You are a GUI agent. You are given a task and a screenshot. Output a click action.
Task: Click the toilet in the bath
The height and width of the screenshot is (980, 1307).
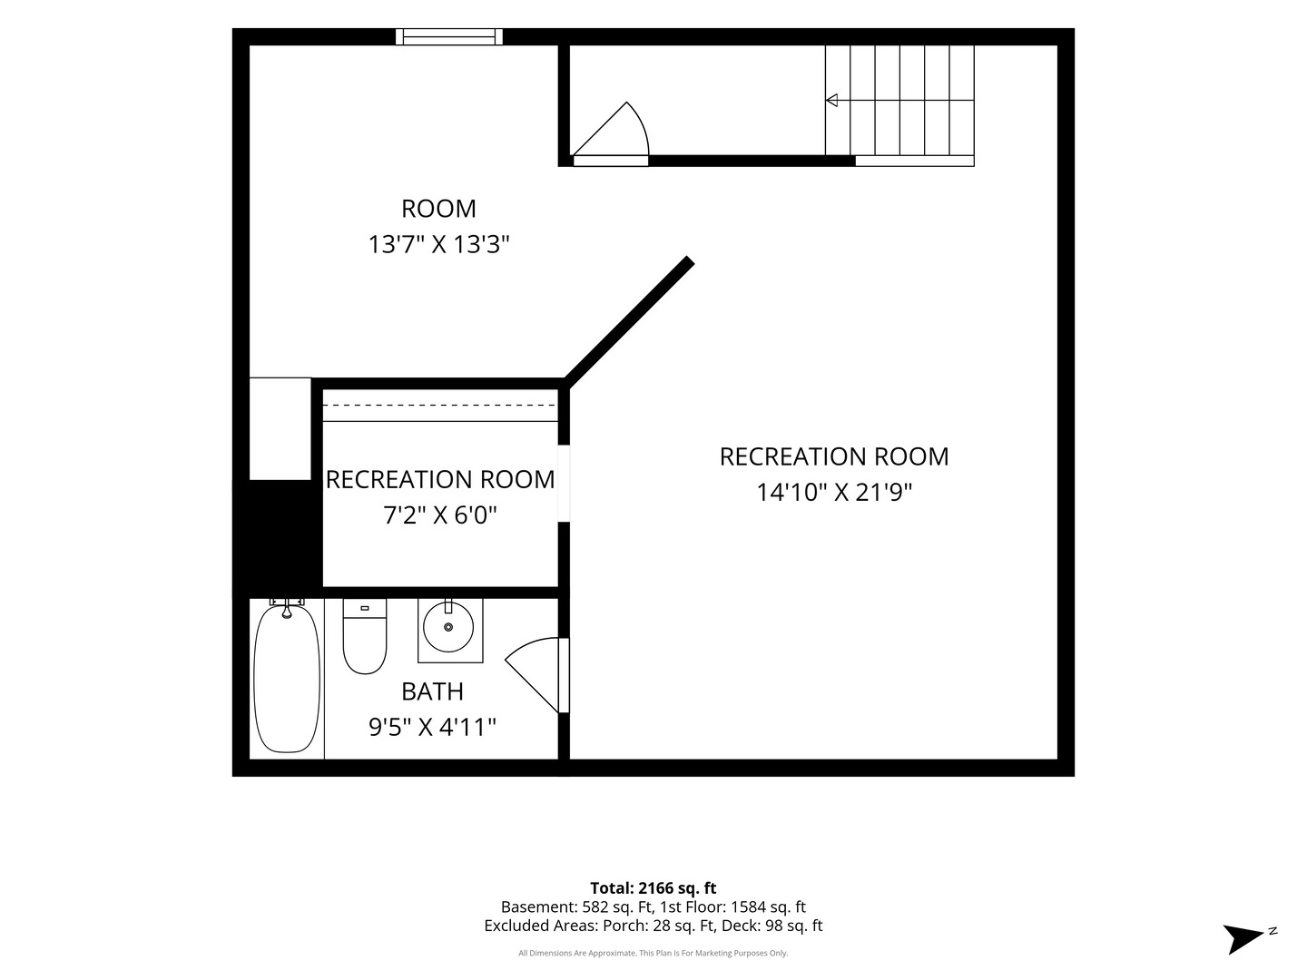[364, 636]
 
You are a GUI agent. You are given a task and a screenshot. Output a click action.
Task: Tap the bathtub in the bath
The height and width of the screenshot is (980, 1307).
[287, 679]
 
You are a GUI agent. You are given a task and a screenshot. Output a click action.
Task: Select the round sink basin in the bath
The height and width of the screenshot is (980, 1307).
[448, 626]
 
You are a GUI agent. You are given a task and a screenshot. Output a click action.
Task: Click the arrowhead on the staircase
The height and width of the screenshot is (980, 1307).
[831, 100]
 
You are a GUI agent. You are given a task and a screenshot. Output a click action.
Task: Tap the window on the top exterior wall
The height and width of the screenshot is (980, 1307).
[449, 37]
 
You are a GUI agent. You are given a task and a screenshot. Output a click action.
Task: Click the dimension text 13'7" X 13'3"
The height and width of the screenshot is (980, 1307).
[438, 245]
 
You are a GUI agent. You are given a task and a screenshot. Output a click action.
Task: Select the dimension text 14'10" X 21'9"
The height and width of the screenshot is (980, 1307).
[834, 492]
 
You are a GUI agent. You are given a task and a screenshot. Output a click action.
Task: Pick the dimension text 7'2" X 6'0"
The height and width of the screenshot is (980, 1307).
[440, 514]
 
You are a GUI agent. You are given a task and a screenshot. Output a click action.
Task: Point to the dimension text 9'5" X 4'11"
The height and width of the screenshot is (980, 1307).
[432, 727]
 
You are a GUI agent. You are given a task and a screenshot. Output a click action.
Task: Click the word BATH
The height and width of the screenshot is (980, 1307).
[432, 691]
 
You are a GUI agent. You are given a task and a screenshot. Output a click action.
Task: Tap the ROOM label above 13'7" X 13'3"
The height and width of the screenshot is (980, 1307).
[438, 209]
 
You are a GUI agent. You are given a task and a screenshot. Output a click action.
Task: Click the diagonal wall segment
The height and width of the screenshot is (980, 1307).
[628, 322]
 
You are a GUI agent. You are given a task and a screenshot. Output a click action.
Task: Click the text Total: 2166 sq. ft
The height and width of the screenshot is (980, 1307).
[653, 887]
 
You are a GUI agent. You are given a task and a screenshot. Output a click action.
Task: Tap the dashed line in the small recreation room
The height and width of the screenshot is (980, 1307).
[440, 406]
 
